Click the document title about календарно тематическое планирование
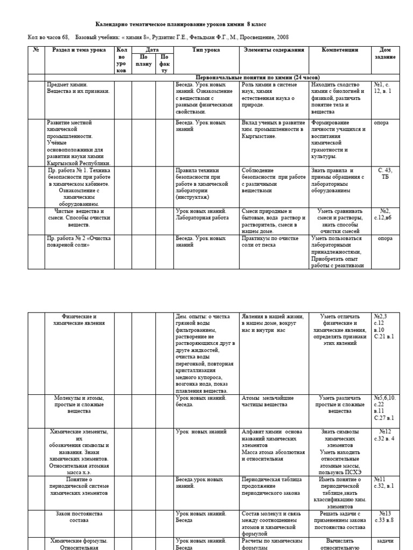[180, 25]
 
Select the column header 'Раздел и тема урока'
[79, 50]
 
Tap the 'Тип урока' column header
[205, 50]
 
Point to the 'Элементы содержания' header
[274, 50]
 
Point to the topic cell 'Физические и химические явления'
[79, 320]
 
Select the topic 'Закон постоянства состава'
[79, 517]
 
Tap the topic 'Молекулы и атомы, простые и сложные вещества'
[79, 404]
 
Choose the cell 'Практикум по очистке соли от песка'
[272, 242]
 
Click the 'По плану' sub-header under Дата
[144, 60]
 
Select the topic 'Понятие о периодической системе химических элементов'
[79, 486]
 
